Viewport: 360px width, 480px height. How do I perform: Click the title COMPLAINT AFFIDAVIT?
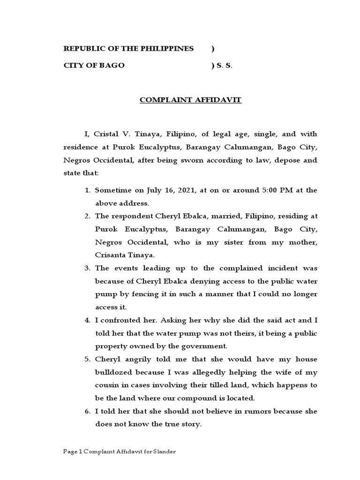190,100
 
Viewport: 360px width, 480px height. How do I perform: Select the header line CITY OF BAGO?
94,66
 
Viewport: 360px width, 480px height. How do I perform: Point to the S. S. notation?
224,66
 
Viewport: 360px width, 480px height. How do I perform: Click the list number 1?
87,190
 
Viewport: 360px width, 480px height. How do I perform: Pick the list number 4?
87,321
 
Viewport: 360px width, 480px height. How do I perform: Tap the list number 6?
87,412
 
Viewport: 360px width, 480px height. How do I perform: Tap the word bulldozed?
115,373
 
